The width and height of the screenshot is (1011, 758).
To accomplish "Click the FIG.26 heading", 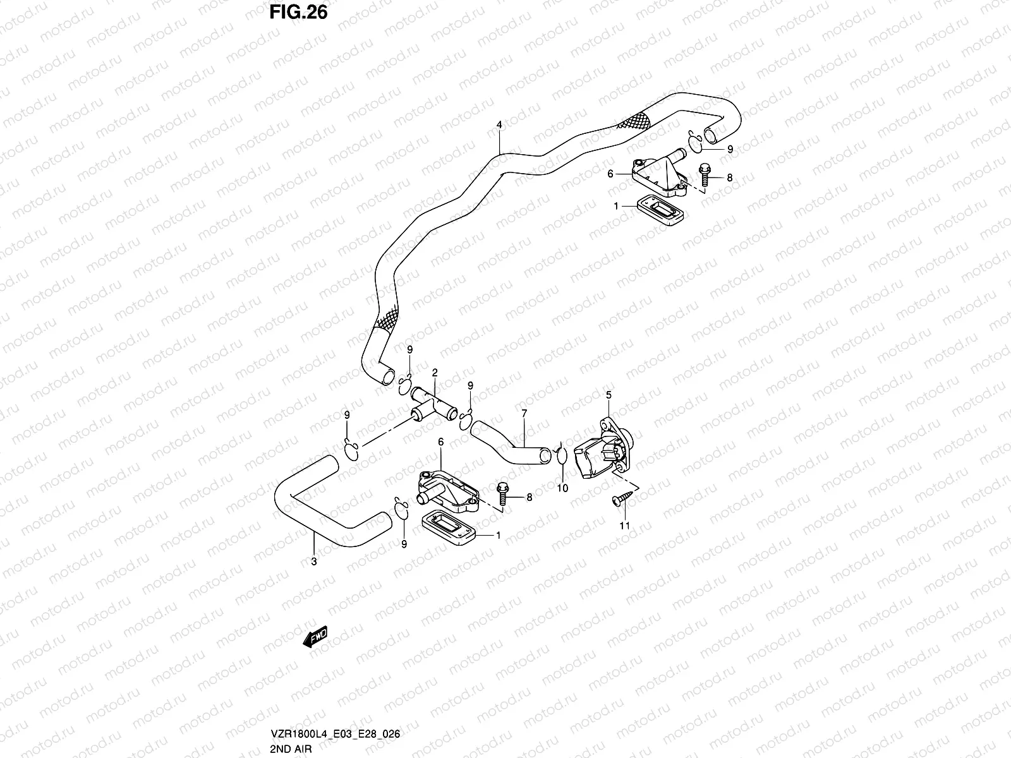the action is [298, 13].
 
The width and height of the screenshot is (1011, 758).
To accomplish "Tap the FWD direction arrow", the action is [315, 637].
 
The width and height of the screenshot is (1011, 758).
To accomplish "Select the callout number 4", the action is [499, 124].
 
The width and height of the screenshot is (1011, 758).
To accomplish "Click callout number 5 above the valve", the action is [609, 395].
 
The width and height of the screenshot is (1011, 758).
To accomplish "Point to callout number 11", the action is [624, 526].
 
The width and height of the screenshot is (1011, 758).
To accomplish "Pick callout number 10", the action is [562, 488].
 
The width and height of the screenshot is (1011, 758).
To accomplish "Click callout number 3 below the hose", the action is [314, 562].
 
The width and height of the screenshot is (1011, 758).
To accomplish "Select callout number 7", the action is [524, 414].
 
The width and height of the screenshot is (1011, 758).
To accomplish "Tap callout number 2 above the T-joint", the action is [434, 373].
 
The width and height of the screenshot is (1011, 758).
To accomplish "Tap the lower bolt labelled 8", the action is [502, 494].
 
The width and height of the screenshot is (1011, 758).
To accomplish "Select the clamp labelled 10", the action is [562, 455].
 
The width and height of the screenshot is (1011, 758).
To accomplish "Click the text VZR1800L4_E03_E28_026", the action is [335, 733].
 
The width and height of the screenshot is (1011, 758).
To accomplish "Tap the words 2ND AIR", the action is [291, 749].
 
